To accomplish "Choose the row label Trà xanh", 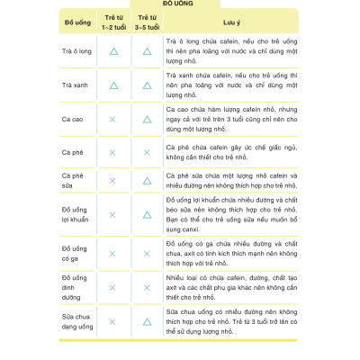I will [75, 85].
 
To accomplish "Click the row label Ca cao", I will [73, 119].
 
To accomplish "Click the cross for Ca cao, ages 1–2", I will [112, 119].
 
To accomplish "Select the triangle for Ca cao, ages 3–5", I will [147, 119].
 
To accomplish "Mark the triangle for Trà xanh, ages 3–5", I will [147, 85].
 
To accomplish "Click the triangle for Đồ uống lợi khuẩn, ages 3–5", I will [147, 215].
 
